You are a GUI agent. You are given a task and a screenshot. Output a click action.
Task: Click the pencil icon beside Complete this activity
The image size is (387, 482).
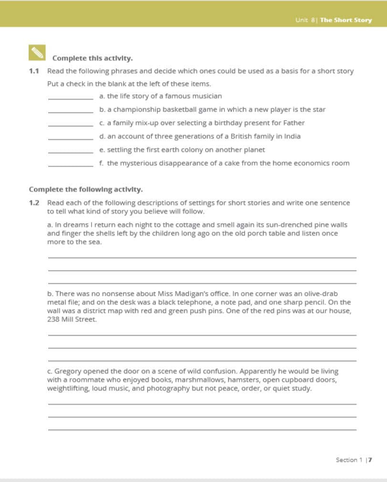37,52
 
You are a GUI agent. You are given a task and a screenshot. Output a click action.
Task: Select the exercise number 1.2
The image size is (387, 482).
33,203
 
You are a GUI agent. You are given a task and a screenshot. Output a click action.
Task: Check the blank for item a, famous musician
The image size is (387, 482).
71,97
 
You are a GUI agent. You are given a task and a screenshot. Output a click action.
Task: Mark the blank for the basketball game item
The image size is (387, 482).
71,110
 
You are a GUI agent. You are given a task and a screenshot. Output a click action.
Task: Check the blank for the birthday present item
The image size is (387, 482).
71,124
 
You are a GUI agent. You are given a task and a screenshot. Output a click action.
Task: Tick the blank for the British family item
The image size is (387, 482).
71,137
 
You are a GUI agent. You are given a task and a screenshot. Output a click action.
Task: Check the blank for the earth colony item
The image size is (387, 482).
71,150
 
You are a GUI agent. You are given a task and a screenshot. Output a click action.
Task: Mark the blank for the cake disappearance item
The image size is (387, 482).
71,164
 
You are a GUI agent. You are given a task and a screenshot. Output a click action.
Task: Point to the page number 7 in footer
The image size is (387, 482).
370,460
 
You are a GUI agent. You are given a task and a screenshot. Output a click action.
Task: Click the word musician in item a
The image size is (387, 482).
207,96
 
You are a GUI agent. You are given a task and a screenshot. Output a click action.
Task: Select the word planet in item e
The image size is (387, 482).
253,149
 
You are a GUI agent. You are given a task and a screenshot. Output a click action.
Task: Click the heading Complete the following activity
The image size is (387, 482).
86,189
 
